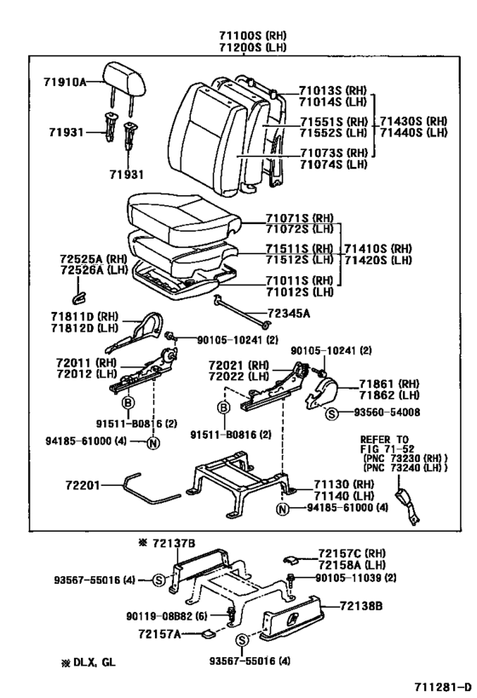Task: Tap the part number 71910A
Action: (x=65, y=82)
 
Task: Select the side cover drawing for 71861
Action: (x=324, y=392)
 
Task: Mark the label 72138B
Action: (x=365, y=606)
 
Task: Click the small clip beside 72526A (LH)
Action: (x=78, y=297)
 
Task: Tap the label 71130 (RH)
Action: (x=343, y=482)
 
